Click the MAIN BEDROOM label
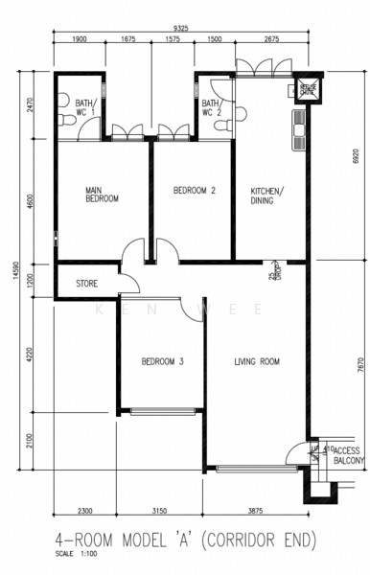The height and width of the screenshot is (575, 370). click(x=102, y=195)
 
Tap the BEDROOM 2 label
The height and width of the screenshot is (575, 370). click(x=194, y=191)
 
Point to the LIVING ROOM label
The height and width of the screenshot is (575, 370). click(x=257, y=361)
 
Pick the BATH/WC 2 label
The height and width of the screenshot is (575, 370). click(x=213, y=107)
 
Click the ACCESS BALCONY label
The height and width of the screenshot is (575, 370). click(x=347, y=454)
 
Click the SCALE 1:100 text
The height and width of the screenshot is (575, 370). click(x=76, y=555)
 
